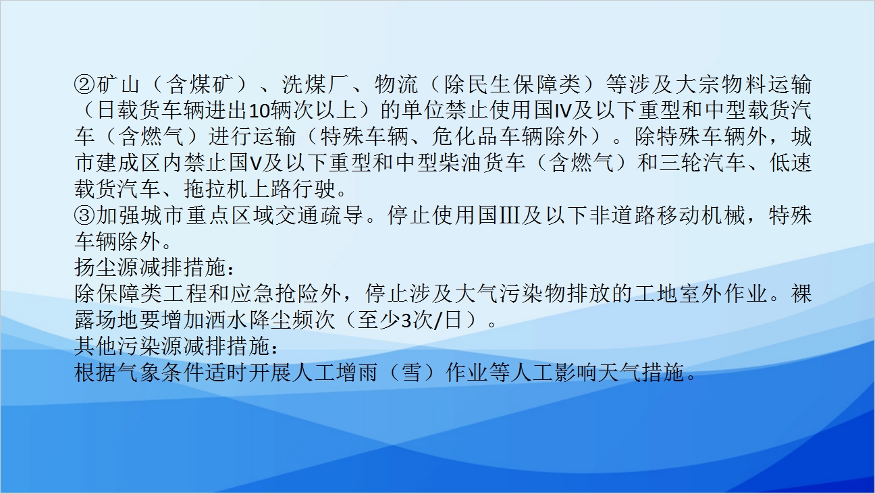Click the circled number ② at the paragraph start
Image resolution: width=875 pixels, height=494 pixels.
click(84, 85)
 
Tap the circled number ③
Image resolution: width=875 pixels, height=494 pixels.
click(84, 215)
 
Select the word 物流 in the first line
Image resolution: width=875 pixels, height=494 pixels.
click(396, 85)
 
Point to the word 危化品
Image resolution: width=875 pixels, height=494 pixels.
click(466, 137)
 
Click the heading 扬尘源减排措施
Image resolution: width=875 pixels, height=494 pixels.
click(151, 267)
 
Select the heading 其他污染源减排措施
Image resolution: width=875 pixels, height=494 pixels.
click(173, 347)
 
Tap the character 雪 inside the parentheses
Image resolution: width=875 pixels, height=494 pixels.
click(411, 373)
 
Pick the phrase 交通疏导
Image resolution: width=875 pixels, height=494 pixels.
click(319, 215)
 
